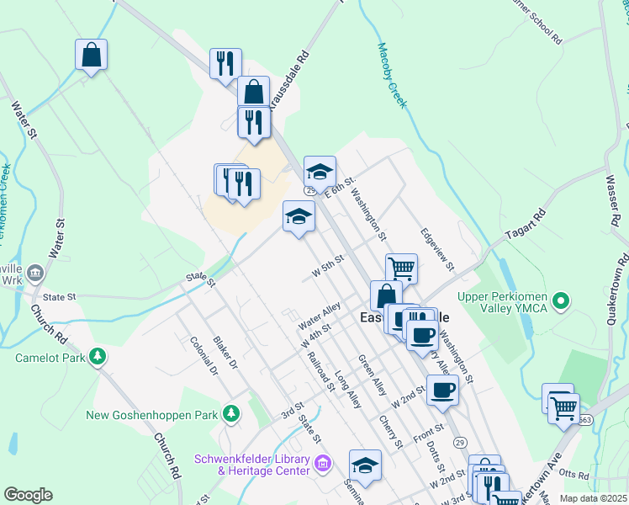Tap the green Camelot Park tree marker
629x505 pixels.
pyautogui.click(x=98, y=357)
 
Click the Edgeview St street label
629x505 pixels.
pyautogui.click(x=437, y=250)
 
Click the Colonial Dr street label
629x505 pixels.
pyautogui.click(x=203, y=357)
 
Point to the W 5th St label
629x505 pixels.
pyautogui.click(x=329, y=268)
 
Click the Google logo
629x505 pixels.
pyautogui.click(x=28, y=494)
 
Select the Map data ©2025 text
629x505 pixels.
pyautogui.click(x=593, y=498)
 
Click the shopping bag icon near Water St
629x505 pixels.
pyautogui.click(x=91, y=56)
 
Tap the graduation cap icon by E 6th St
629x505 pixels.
pyautogui.click(x=320, y=172)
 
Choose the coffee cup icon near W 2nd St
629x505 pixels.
pyautogui.click(x=442, y=390)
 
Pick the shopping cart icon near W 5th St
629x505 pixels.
pyautogui.click(x=402, y=268)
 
